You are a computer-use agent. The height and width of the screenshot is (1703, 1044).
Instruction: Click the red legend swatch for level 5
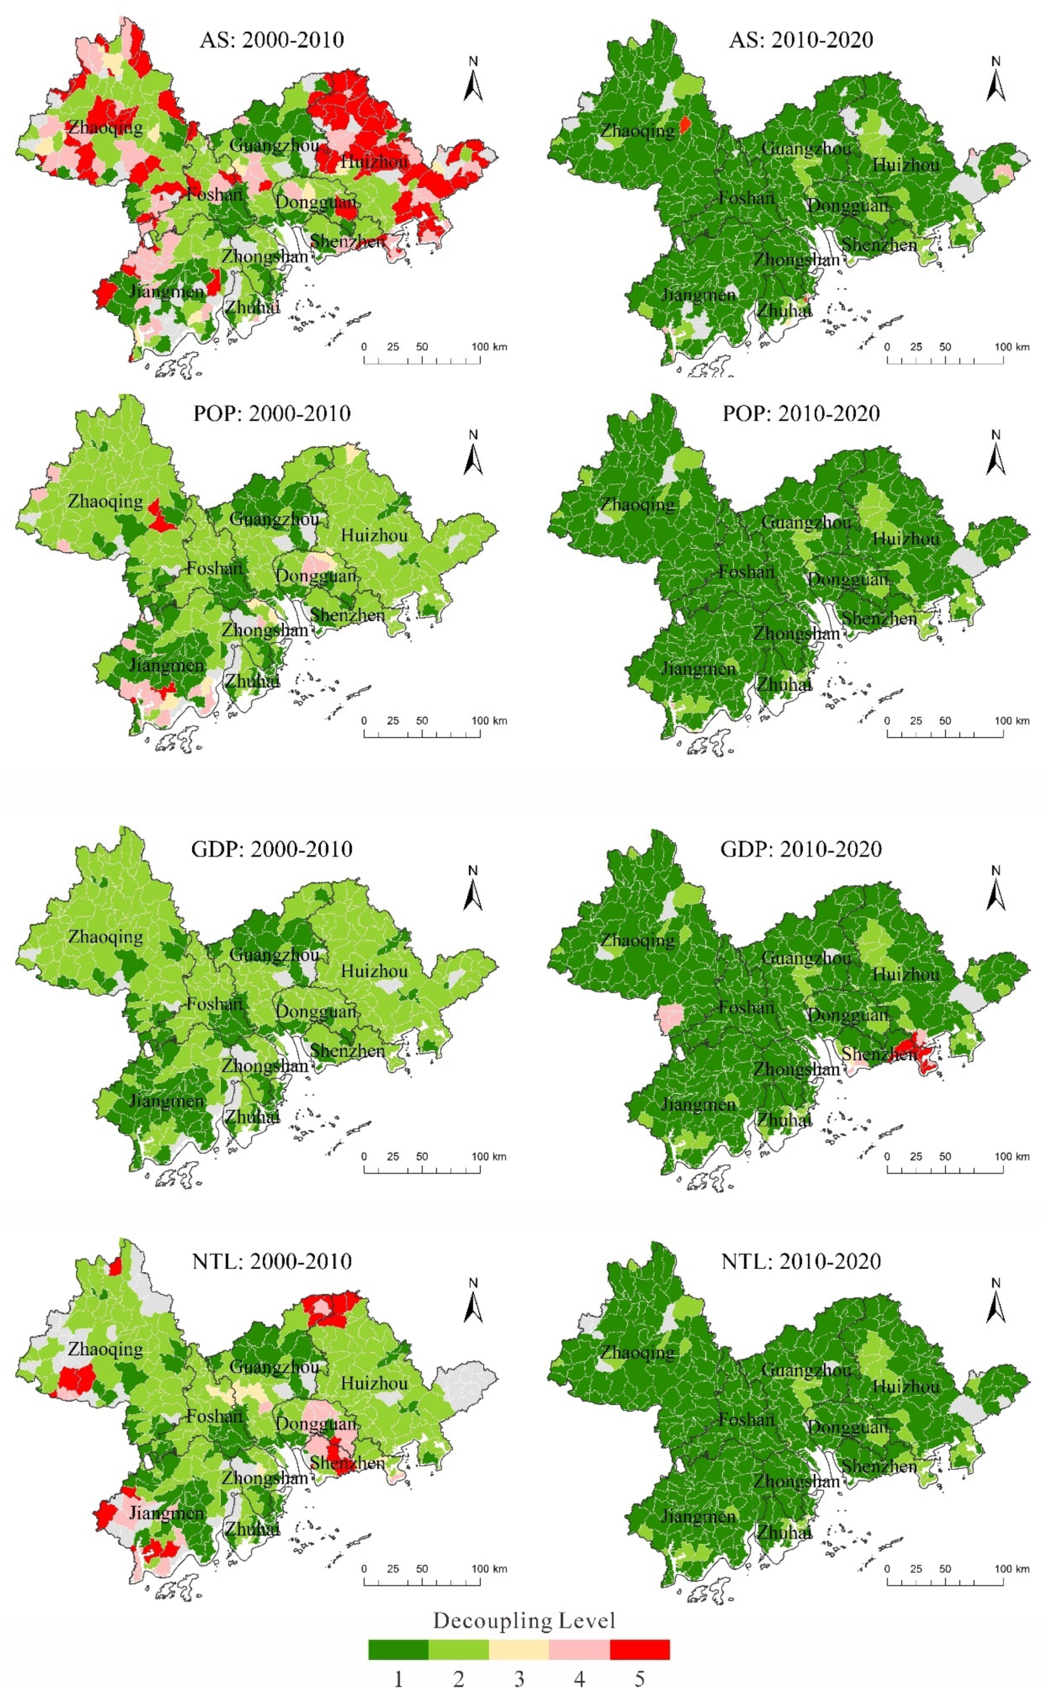tap(639, 1649)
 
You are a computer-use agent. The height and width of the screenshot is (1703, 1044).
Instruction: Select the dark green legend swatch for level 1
tap(398, 1649)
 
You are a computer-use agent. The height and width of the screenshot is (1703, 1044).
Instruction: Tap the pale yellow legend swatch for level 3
tap(518, 1649)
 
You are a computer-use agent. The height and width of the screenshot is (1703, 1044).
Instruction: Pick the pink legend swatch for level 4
tap(579, 1649)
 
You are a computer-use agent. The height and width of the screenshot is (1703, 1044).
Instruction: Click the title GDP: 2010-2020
tap(801, 849)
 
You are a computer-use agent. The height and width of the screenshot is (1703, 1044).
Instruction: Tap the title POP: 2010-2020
tap(801, 413)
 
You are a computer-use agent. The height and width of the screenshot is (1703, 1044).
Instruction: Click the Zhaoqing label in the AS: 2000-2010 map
tap(105, 127)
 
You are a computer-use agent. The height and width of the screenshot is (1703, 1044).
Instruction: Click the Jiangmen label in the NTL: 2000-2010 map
tap(166, 1513)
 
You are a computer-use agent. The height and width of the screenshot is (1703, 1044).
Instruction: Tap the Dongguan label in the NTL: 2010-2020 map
tap(848, 1428)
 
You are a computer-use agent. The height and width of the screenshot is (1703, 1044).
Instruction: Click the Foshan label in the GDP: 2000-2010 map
tap(214, 1004)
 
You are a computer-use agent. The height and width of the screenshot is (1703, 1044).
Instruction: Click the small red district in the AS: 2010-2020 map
tap(684, 125)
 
